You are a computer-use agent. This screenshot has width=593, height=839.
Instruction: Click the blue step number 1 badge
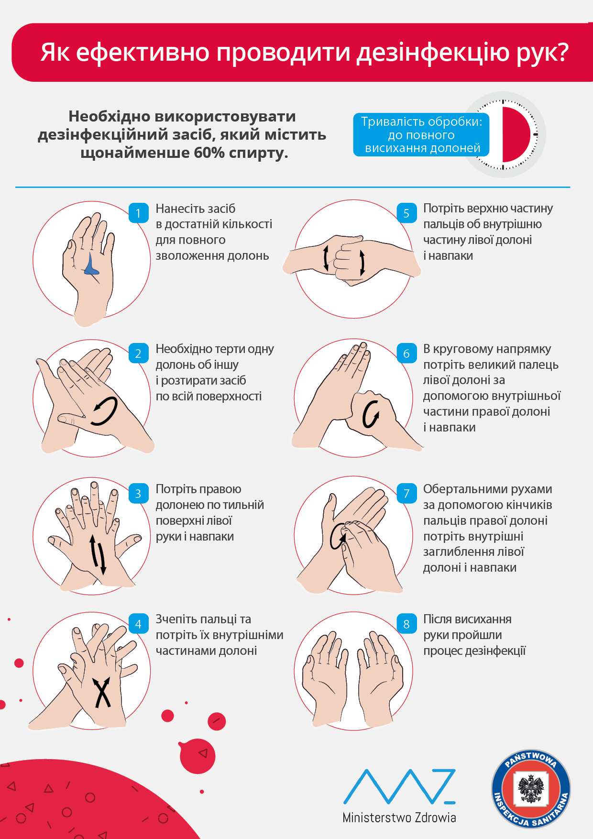pos(138,213)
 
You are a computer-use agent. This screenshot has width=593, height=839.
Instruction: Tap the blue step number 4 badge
pos(138,624)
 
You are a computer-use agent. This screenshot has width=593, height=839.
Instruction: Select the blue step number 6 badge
pos(406,353)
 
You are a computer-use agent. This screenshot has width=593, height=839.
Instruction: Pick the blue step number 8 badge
pos(406,624)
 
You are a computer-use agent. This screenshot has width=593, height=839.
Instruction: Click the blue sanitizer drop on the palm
pos(91,265)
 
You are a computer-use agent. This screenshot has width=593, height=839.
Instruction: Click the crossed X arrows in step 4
pos(102,692)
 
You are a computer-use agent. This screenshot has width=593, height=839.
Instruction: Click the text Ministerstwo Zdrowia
pos(399,817)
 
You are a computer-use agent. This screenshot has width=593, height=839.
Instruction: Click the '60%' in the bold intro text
pos(209,153)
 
